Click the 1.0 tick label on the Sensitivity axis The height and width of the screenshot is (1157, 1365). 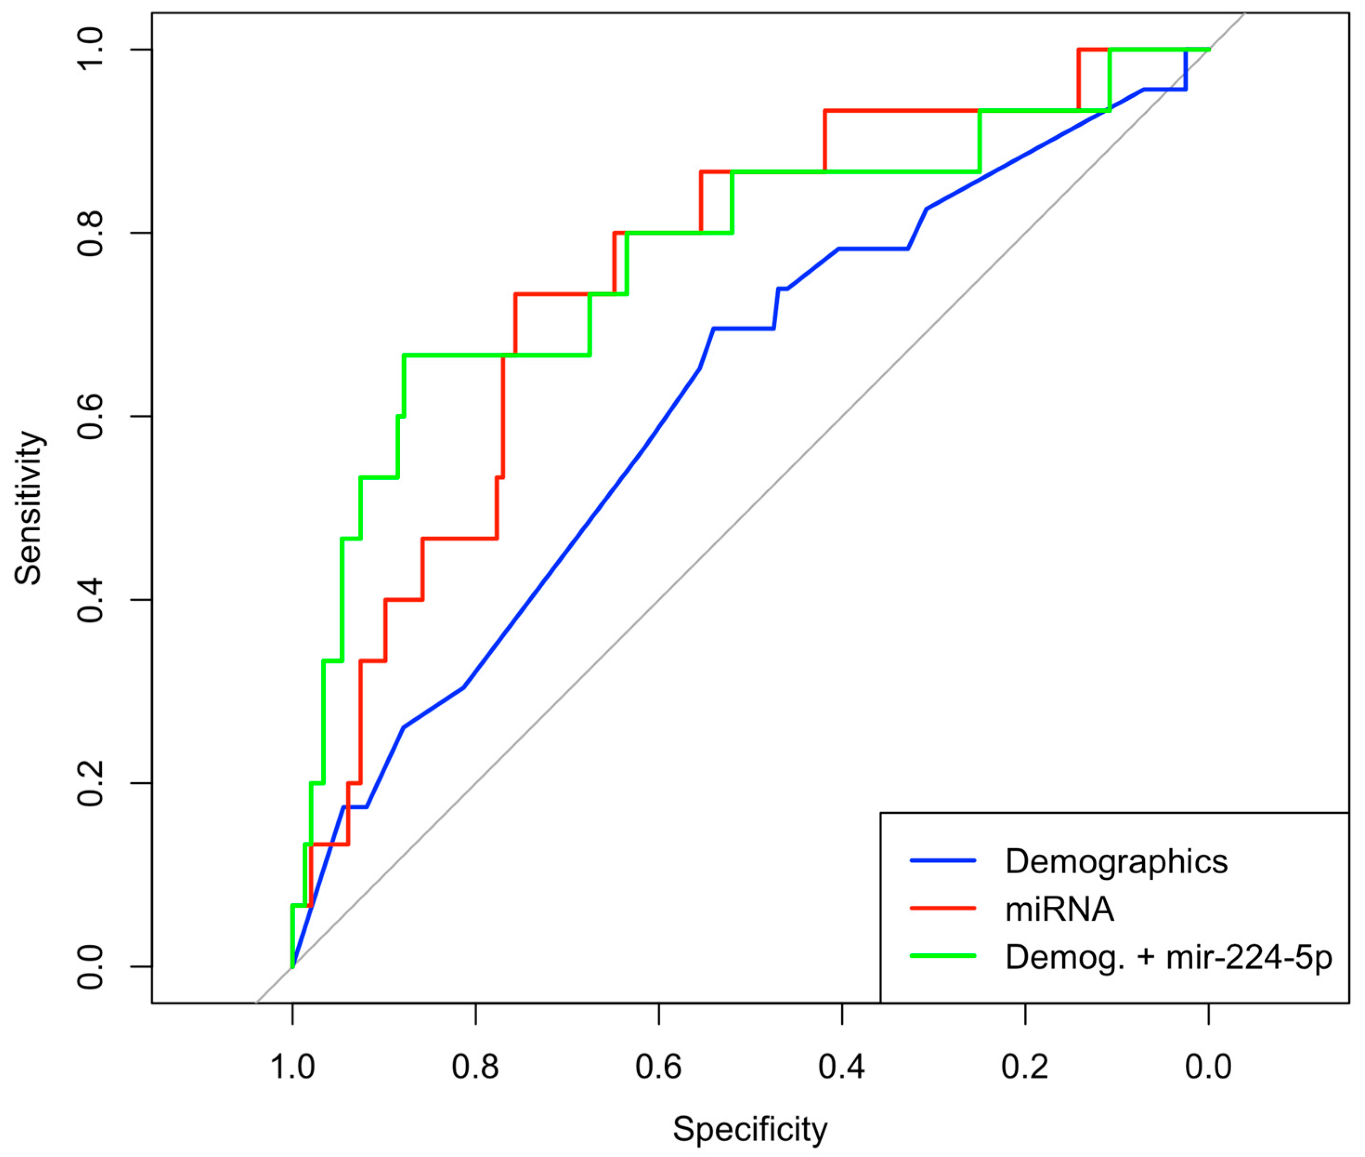coord(91,50)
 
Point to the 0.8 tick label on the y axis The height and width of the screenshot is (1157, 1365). coord(91,233)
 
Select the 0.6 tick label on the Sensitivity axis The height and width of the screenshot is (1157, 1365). coord(91,416)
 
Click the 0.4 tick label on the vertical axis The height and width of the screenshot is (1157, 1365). coord(91,599)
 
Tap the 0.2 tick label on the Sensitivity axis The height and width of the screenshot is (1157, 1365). coord(91,783)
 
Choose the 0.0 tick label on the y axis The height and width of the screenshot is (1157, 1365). coord(91,966)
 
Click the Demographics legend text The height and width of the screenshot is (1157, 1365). coord(1116,862)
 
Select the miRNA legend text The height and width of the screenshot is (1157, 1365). coord(1059,910)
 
